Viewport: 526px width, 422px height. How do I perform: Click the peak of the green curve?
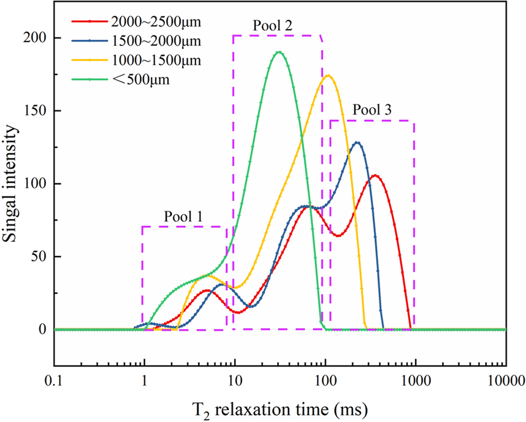click(x=279, y=52)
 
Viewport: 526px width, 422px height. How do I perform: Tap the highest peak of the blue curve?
click(x=357, y=142)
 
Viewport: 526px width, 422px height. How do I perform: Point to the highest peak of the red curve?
click(x=375, y=175)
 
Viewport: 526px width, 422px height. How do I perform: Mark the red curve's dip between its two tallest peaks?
click(x=338, y=235)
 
